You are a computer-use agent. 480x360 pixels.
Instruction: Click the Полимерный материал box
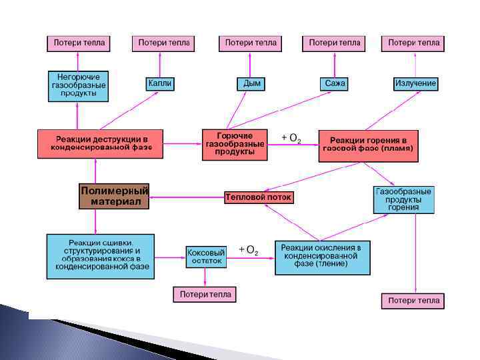point(114,196)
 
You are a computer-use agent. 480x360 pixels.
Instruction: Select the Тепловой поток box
point(259,197)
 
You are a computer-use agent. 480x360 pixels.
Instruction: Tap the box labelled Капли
point(160,83)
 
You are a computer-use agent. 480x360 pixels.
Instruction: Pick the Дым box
point(252,83)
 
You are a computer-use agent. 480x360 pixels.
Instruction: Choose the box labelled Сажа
point(335,83)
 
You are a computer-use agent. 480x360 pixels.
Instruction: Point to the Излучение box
point(415,83)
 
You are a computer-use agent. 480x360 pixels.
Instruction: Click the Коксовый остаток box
point(206,257)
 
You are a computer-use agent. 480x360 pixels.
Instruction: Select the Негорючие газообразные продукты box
point(78,86)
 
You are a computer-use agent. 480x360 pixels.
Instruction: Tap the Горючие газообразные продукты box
point(235,144)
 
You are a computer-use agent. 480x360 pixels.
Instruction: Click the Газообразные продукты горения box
point(403,199)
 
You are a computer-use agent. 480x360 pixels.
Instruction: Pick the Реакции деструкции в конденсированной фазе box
point(100,143)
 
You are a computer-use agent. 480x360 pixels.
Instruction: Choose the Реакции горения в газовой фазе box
point(368,146)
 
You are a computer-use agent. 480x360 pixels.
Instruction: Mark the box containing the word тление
point(322,257)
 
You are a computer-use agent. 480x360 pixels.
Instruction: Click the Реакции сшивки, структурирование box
point(100,257)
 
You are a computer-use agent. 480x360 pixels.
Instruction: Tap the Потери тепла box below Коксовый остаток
point(205,294)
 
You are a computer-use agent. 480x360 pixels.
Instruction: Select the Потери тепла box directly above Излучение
point(413,43)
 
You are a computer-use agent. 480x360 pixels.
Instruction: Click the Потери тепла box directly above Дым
point(251,43)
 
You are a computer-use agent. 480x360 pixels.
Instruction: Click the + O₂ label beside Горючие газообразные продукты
point(291,138)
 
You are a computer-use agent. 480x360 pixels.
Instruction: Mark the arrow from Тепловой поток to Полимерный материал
point(187,197)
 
